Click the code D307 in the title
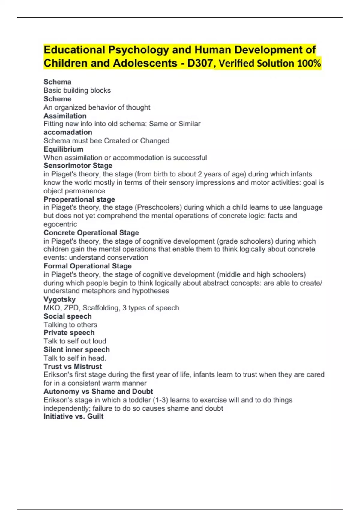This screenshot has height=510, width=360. pos(200,63)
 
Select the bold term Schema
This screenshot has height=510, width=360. pos(57,82)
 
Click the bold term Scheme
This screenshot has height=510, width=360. pos(57,99)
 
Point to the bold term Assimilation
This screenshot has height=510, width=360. pos(65,116)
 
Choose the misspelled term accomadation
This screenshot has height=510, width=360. pos(68,132)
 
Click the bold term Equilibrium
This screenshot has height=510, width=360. pos(63,149)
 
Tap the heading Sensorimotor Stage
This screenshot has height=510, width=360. pos(78,166)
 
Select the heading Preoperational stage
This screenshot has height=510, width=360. pos(79,199)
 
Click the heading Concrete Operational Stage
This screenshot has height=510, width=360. pos(91,233)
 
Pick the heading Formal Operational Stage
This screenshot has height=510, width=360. pos(88,266)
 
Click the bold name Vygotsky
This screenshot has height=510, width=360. pos(59,299)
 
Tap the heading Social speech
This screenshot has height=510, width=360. pos(67,316)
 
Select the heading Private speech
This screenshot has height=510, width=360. pos(69,333)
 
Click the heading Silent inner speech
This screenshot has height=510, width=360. pos(76,349)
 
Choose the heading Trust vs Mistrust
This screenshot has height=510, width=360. pos(73,367)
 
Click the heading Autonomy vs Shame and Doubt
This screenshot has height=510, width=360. pos(98,391)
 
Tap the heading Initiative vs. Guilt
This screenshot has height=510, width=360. pos(73,416)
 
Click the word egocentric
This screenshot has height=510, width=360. pos(60,224)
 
